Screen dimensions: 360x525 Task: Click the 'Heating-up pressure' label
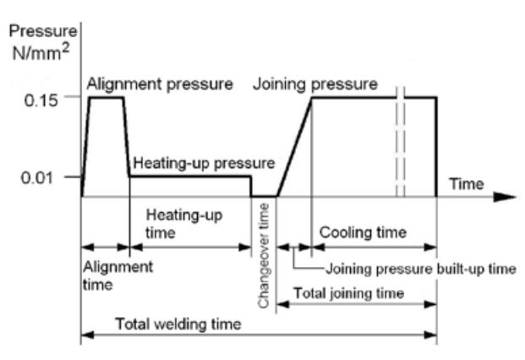click(x=202, y=161)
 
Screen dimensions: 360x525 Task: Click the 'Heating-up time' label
click(x=183, y=223)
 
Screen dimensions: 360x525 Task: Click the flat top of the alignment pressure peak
click(x=106, y=97)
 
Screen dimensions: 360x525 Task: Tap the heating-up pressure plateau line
click(x=190, y=176)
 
